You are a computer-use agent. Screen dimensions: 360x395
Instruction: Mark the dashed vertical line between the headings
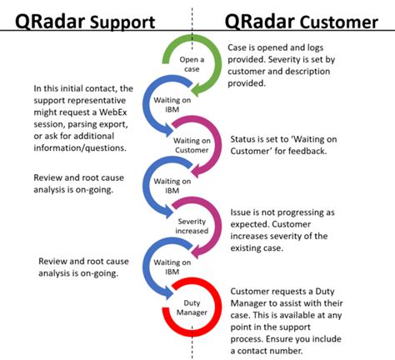tap(192, 21)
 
